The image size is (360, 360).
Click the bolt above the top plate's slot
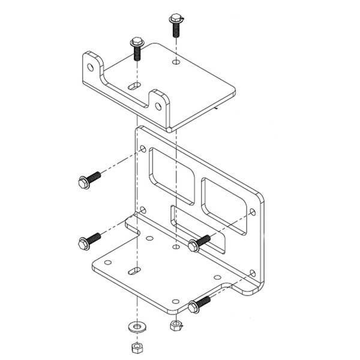[135, 49]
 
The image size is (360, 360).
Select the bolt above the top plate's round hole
[175, 25]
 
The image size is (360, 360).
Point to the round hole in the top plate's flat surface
[175, 62]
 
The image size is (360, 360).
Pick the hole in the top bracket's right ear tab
[158, 106]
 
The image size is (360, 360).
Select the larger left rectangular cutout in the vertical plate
[172, 176]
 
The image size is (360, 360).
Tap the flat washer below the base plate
[137, 327]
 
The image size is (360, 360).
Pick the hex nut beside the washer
[175, 326]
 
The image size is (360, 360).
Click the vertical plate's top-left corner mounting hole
[143, 148]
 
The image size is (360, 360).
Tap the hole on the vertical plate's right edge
[253, 212]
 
